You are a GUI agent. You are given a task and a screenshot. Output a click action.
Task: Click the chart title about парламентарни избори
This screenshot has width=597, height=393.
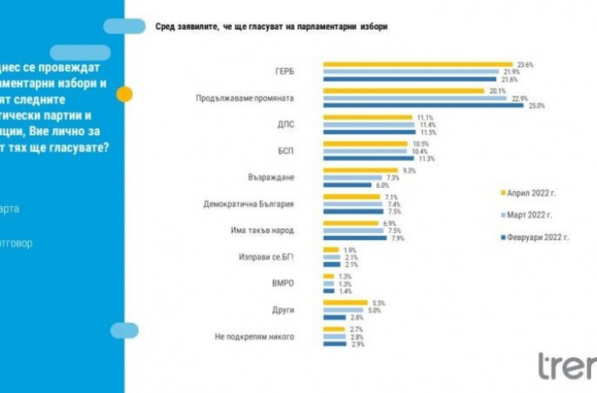(x=270, y=26)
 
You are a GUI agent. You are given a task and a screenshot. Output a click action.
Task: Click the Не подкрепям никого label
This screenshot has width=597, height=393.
(x=255, y=337)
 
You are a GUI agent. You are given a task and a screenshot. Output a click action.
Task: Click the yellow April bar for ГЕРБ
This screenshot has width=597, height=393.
(x=416, y=64)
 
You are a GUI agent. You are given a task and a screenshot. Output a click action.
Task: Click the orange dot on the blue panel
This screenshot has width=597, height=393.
(x=125, y=95)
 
